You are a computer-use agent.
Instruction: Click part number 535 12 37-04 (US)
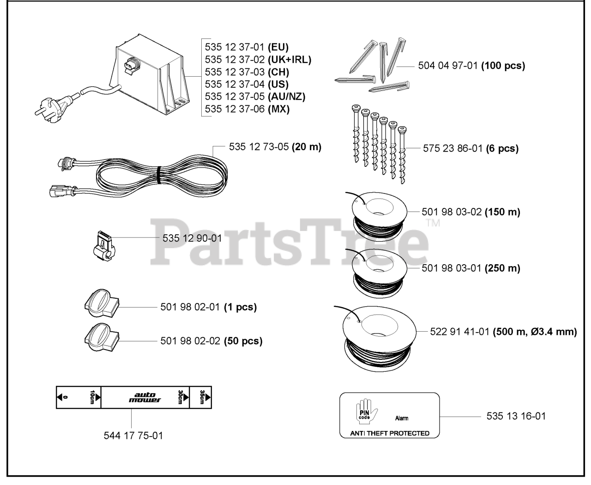(x=247, y=84)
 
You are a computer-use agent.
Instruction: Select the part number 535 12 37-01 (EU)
(x=247, y=47)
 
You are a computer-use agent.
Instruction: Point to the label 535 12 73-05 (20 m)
(x=275, y=147)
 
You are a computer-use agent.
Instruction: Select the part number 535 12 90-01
(x=192, y=238)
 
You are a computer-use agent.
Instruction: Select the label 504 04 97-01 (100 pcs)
(x=471, y=66)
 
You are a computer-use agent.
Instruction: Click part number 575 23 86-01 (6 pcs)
(x=470, y=149)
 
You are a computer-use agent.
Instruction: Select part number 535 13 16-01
(x=516, y=416)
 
